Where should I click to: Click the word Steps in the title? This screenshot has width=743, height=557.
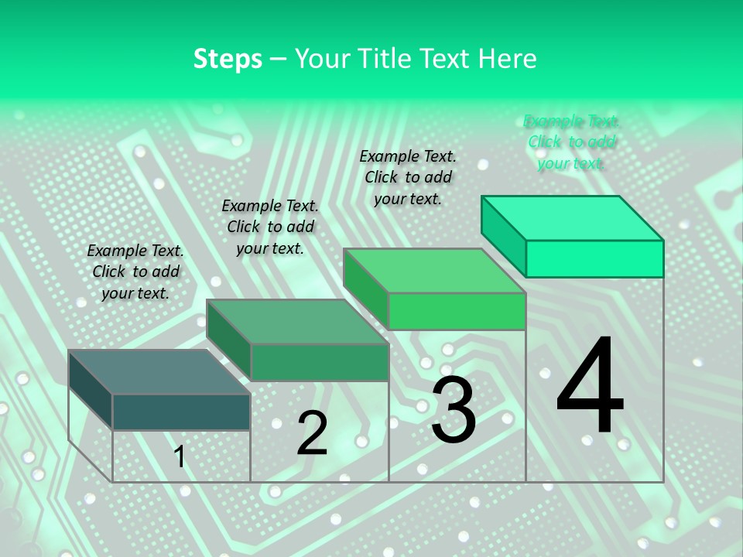[228, 59]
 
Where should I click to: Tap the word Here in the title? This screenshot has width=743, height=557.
[508, 59]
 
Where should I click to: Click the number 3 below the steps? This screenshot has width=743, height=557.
[454, 410]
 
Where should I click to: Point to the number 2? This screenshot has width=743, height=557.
[312, 433]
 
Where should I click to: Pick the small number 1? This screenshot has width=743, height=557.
[180, 456]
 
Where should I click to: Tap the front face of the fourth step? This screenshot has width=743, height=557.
[594, 258]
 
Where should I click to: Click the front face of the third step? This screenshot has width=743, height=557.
[457, 311]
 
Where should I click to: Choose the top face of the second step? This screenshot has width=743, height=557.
[298, 322]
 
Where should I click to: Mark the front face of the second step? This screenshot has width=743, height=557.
[320, 362]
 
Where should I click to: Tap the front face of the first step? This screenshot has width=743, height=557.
[181, 412]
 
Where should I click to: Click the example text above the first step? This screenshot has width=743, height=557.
[135, 272]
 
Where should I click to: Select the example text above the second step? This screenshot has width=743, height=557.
[270, 227]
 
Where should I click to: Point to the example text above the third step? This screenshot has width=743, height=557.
[408, 177]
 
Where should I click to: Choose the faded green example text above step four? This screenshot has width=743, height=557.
[571, 142]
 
